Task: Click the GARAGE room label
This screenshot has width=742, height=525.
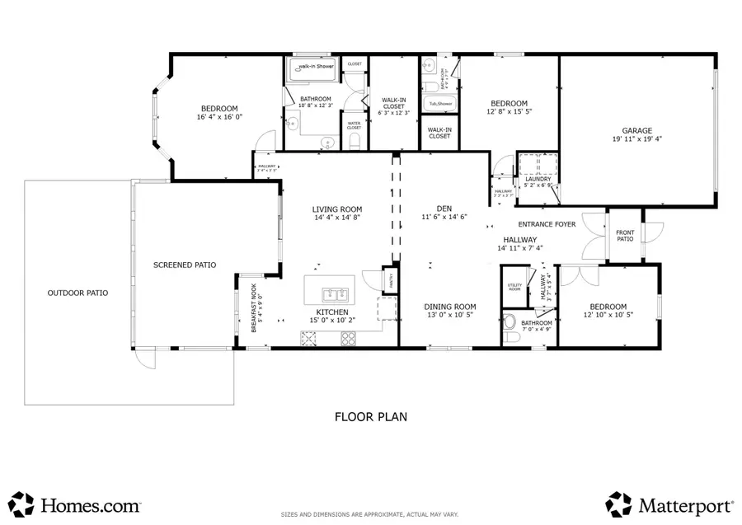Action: (x=636, y=130)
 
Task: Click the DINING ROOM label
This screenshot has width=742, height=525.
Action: (x=450, y=307)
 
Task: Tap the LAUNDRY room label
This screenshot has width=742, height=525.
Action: (x=538, y=179)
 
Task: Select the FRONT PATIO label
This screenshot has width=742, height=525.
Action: (x=625, y=236)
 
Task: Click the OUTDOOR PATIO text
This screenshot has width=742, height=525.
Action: (x=77, y=293)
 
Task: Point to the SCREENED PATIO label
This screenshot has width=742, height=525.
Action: (x=185, y=265)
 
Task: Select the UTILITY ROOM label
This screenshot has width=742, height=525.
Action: (x=514, y=288)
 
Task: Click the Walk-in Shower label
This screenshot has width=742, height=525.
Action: (x=314, y=66)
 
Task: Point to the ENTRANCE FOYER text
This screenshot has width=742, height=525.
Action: (x=547, y=224)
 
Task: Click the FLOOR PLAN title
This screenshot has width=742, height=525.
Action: (x=370, y=417)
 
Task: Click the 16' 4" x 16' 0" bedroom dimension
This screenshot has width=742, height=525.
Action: (x=219, y=118)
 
